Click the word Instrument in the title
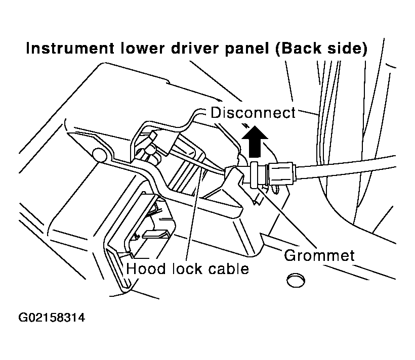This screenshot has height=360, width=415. click(70, 49)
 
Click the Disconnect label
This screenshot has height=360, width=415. click(253, 113)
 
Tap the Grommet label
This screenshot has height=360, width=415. click(319, 255)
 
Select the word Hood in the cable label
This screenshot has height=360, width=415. click(146, 268)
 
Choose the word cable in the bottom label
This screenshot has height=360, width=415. click(229, 268)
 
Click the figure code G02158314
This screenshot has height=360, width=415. click(52, 317)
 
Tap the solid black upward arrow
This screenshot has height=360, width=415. click(255, 142)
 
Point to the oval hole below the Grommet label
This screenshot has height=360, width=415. click(296, 280)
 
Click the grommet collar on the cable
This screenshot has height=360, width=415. click(254, 175)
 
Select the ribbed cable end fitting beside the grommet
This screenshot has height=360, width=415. click(282, 173)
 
